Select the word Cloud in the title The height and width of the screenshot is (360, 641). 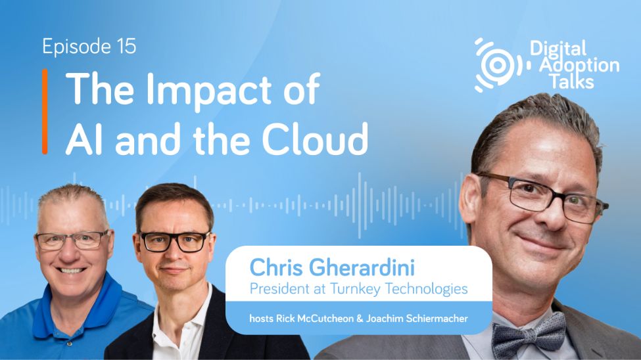click(x=312, y=140)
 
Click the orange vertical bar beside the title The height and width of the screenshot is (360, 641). click(x=45, y=111)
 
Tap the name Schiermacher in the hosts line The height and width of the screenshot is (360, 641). click(x=438, y=319)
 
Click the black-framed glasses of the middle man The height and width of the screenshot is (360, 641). click(x=174, y=240)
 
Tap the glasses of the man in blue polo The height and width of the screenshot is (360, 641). click(x=72, y=239)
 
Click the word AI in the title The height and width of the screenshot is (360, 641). click(x=84, y=140)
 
